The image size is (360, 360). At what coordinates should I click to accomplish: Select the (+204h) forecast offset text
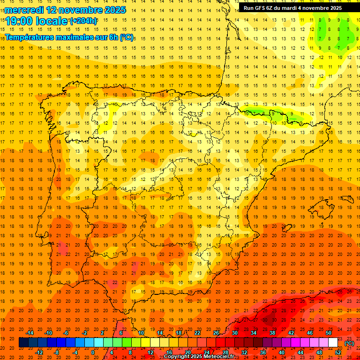tap(83, 21)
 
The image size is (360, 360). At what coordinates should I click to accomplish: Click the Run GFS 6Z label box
tap(292, 8)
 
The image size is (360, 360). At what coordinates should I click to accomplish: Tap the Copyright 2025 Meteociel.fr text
tap(199, 357)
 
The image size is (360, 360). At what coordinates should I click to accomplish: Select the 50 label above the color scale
tap(329, 333)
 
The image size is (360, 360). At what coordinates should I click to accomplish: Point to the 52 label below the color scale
tap(338, 352)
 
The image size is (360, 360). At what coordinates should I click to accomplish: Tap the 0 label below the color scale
tap(93, 352)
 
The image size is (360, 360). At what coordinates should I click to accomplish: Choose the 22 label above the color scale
tap(197, 333)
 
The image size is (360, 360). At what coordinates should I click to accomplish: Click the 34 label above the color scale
tap(254, 333)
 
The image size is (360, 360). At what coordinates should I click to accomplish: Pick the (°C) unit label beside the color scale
tap(349, 343)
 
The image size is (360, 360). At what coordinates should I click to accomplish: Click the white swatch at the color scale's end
tap(333, 343)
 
